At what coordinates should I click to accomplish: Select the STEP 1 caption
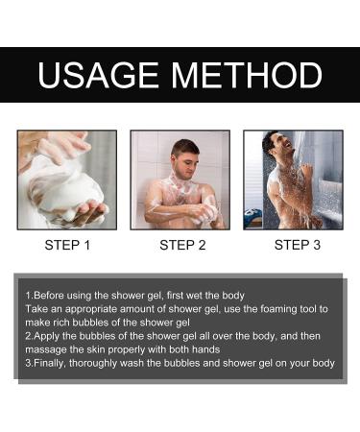coord(67,246)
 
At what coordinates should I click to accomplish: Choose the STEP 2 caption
coord(182,246)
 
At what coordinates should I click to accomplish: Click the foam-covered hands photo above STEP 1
coord(66,180)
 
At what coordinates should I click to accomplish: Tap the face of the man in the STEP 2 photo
coord(187,153)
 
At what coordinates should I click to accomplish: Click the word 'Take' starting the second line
coord(37,308)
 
